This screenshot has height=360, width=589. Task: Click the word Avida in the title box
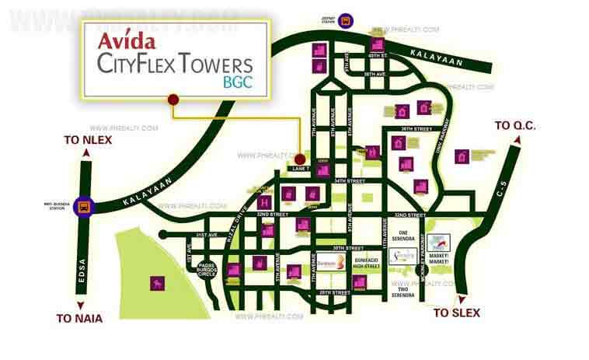(x=127, y=40)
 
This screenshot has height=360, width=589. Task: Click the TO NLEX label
(x=88, y=141)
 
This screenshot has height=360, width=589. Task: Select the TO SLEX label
(x=457, y=313)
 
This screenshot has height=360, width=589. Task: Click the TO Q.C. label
(x=515, y=126)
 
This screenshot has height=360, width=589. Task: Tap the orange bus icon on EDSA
(x=89, y=207)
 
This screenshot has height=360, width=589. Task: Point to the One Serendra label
(x=403, y=236)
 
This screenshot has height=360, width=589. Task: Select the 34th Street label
(x=347, y=180)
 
